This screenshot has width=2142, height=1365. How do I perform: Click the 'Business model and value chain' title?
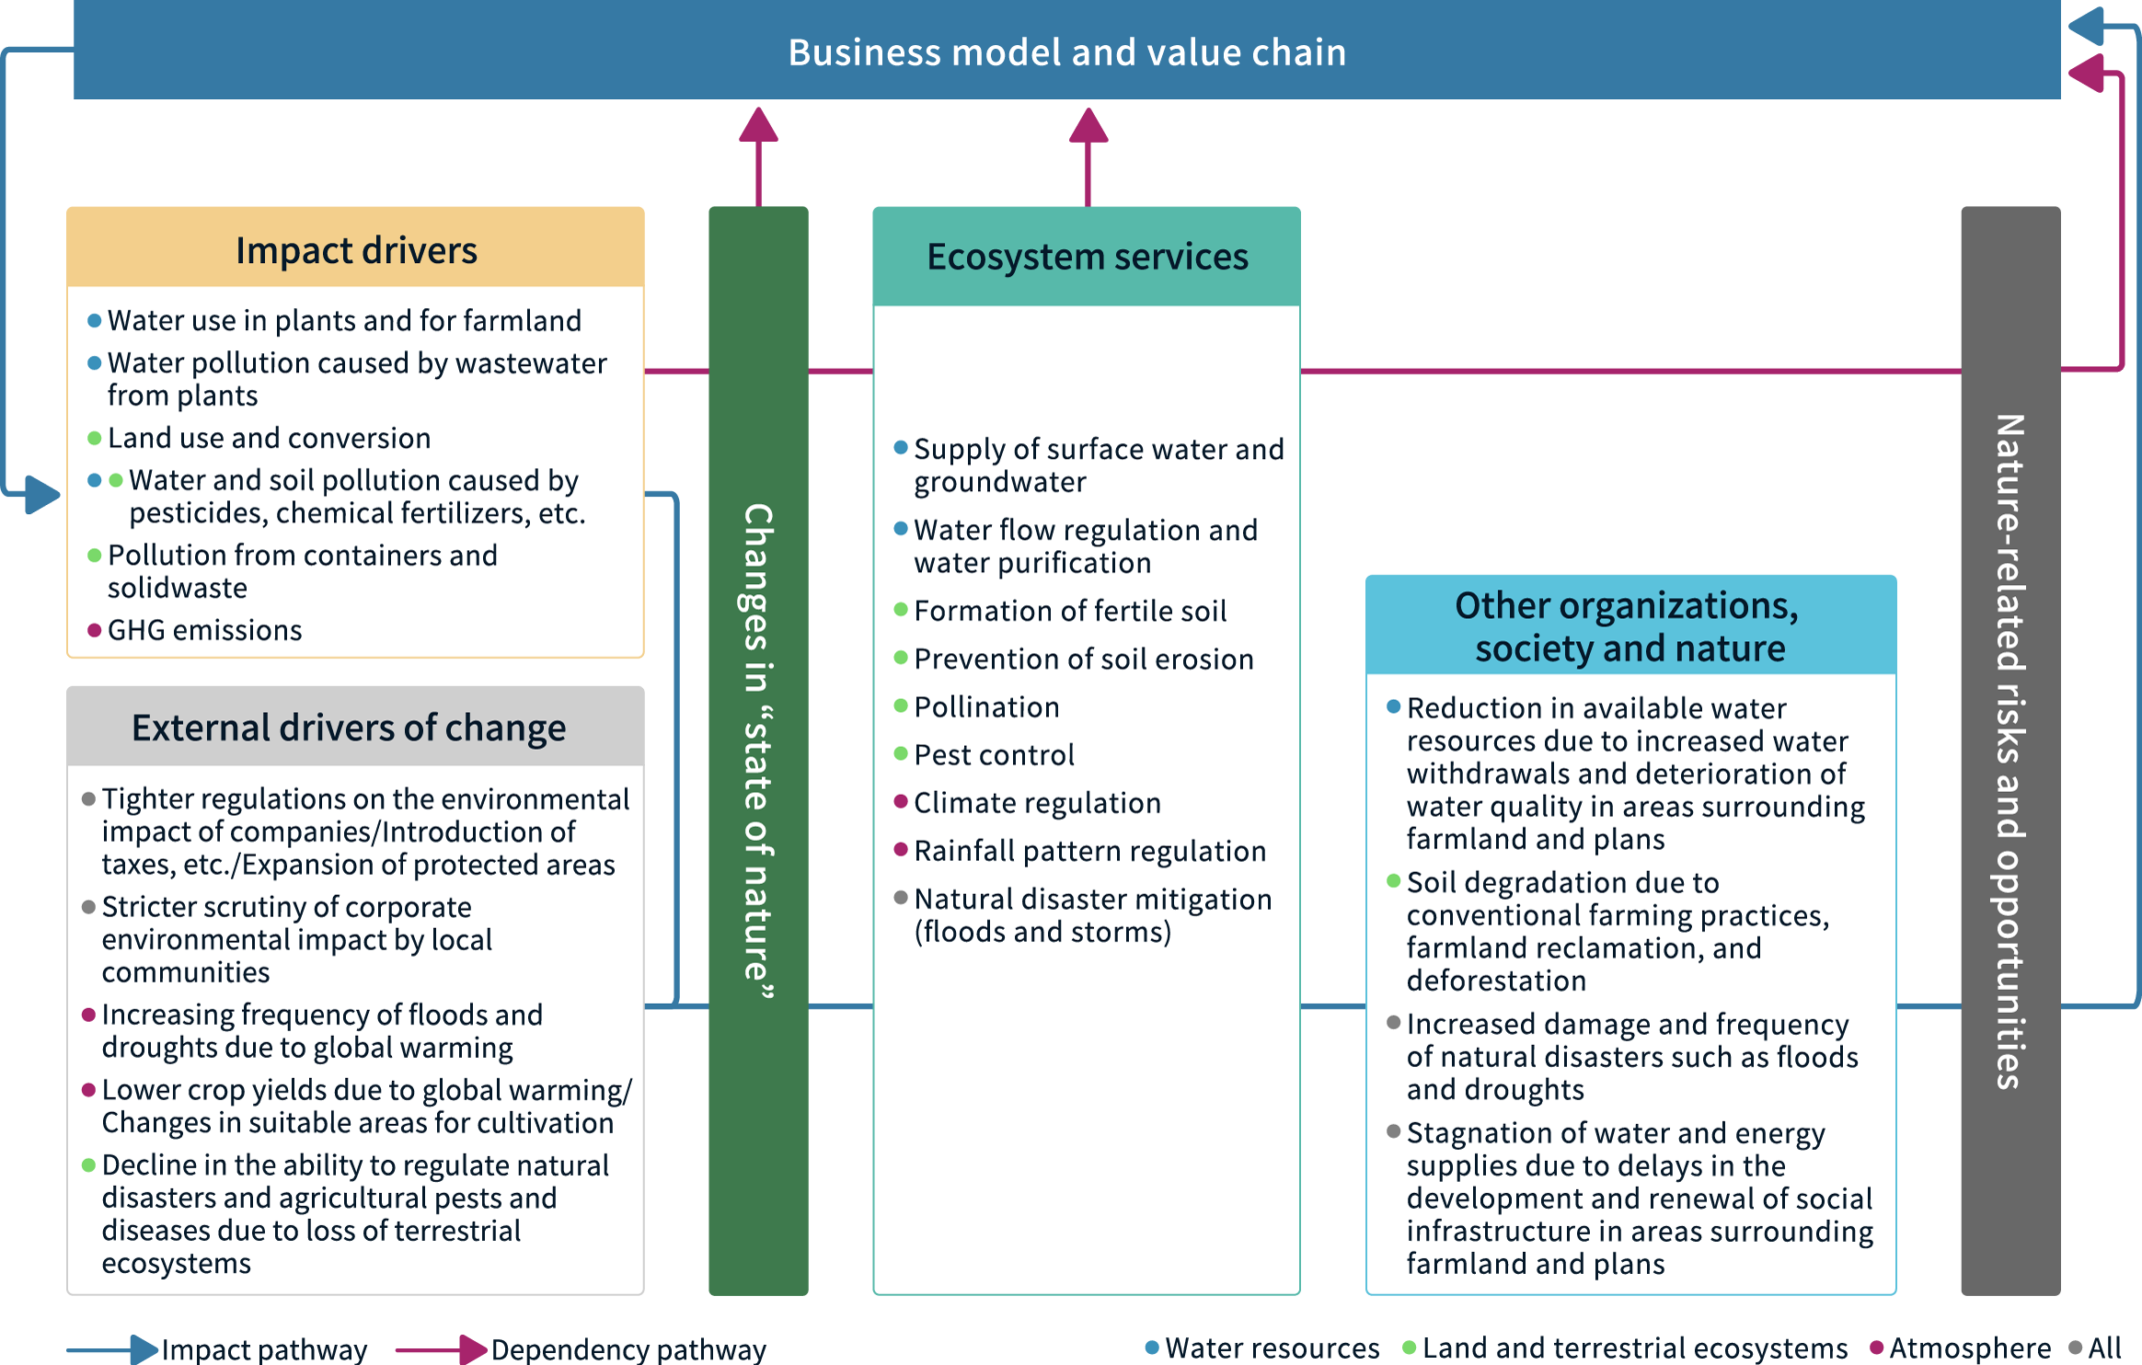click(x=1067, y=52)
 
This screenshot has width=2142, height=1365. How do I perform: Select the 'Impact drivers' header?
click(x=356, y=250)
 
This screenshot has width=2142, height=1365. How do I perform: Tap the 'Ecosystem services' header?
click(x=1087, y=257)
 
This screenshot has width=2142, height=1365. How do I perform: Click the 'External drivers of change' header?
click(x=349, y=728)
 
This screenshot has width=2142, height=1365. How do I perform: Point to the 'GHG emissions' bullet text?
click(x=204, y=630)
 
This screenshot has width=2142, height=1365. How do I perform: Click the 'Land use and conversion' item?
click(x=269, y=438)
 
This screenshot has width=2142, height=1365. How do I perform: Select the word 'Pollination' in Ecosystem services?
click(x=986, y=706)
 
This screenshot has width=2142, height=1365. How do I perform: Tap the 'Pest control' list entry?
click(x=994, y=754)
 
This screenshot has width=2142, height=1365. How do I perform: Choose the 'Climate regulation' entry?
click(x=1037, y=802)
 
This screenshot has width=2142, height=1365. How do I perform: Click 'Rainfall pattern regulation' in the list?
click(x=1089, y=851)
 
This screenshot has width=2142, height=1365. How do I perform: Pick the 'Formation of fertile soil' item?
click(x=1070, y=611)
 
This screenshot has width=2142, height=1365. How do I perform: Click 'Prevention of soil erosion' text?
click(x=1083, y=659)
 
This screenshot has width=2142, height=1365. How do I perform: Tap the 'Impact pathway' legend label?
click(x=264, y=1349)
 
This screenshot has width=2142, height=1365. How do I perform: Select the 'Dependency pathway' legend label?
click(x=628, y=1349)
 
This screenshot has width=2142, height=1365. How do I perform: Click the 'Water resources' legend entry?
click(x=1272, y=1348)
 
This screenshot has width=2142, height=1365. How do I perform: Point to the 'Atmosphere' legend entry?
click(x=1969, y=1348)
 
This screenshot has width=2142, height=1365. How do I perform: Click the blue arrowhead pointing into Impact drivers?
click(x=41, y=494)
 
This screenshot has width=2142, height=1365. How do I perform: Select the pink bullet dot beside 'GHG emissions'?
click(x=94, y=630)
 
